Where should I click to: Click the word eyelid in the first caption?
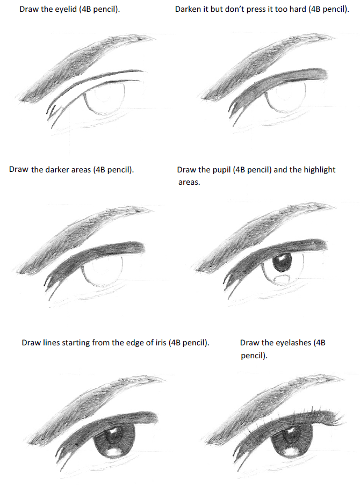pyautogui.click(x=67, y=9)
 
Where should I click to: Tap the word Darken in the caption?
pyautogui.click(x=188, y=9)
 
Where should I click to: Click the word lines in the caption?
pyautogui.click(x=52, y=343)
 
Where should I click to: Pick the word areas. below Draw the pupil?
pyautogui.click(x=189, y=182)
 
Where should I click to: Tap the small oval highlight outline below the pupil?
pyautogui.click(x=282, y=278)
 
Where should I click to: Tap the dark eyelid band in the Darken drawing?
pyautogui.click(x=278, y=82)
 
